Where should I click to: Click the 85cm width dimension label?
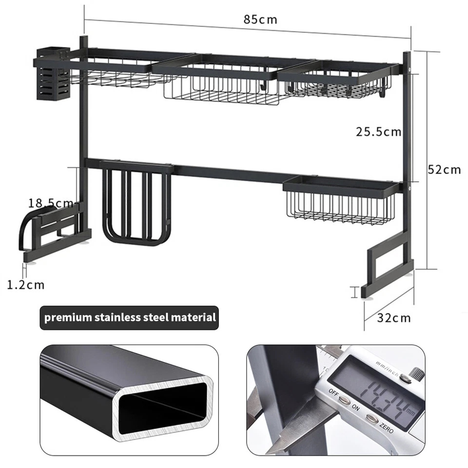pyautogui.click(x=260, y=19)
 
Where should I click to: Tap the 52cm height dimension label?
pyautogui.click(x=445, y=170)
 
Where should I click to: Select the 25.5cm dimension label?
pyautogui.click(x=378, y=132)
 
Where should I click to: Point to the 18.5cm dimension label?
pyautogui.click(x=51, y=203)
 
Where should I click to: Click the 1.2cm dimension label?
pyautogui.click(x=26, y=285)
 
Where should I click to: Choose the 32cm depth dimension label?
pyautogui.click(x=394, y=318)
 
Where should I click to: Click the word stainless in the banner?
pyautogui.click(x=118, y=317)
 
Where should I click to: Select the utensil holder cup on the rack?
pyautogui.click(x=53, y=74)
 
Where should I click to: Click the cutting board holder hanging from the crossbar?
pyautogui.click(x=136, y=203)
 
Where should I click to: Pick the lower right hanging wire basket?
pyautogui.click(x=340, y=200)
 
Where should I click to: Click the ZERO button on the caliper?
pyautogui.click(x=372, y=419)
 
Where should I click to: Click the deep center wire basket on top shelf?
pyautogui.click(x=221, y=85)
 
